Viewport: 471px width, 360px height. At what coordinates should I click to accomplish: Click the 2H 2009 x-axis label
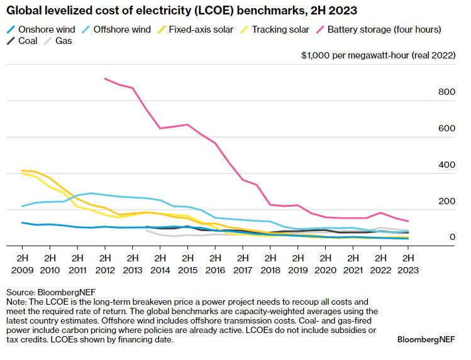pos(23,263)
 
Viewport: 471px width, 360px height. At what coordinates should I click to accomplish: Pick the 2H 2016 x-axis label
pos(215,263)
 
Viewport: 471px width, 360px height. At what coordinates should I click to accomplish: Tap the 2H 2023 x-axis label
pos(408,263)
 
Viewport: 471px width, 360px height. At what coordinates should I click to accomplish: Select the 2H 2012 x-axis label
pos(105,263)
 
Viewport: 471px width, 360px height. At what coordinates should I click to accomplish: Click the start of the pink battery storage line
pos(105,79)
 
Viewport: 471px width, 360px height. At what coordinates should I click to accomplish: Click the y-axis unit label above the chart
pos(377,56)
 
